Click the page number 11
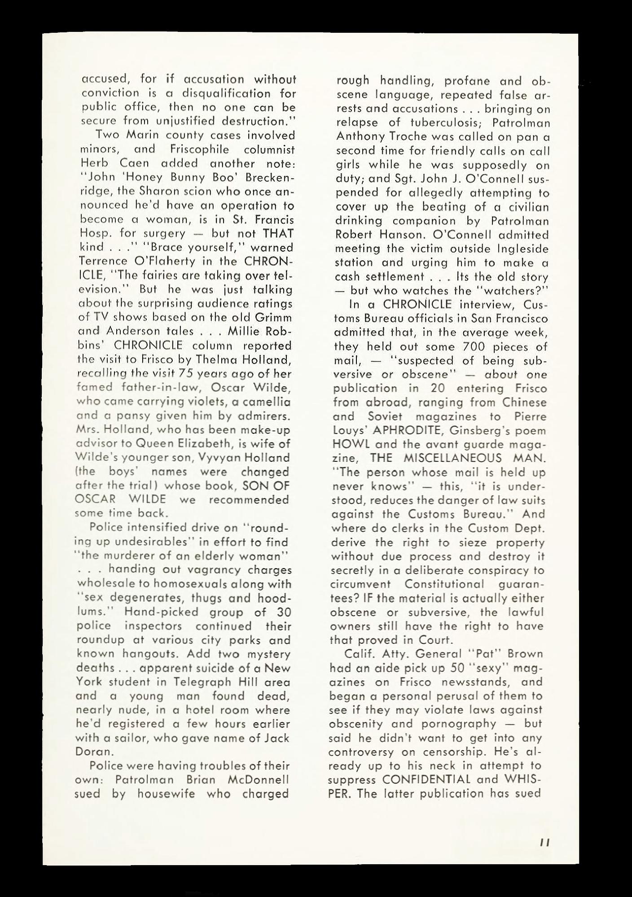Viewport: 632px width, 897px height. click(x=546, y=843)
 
